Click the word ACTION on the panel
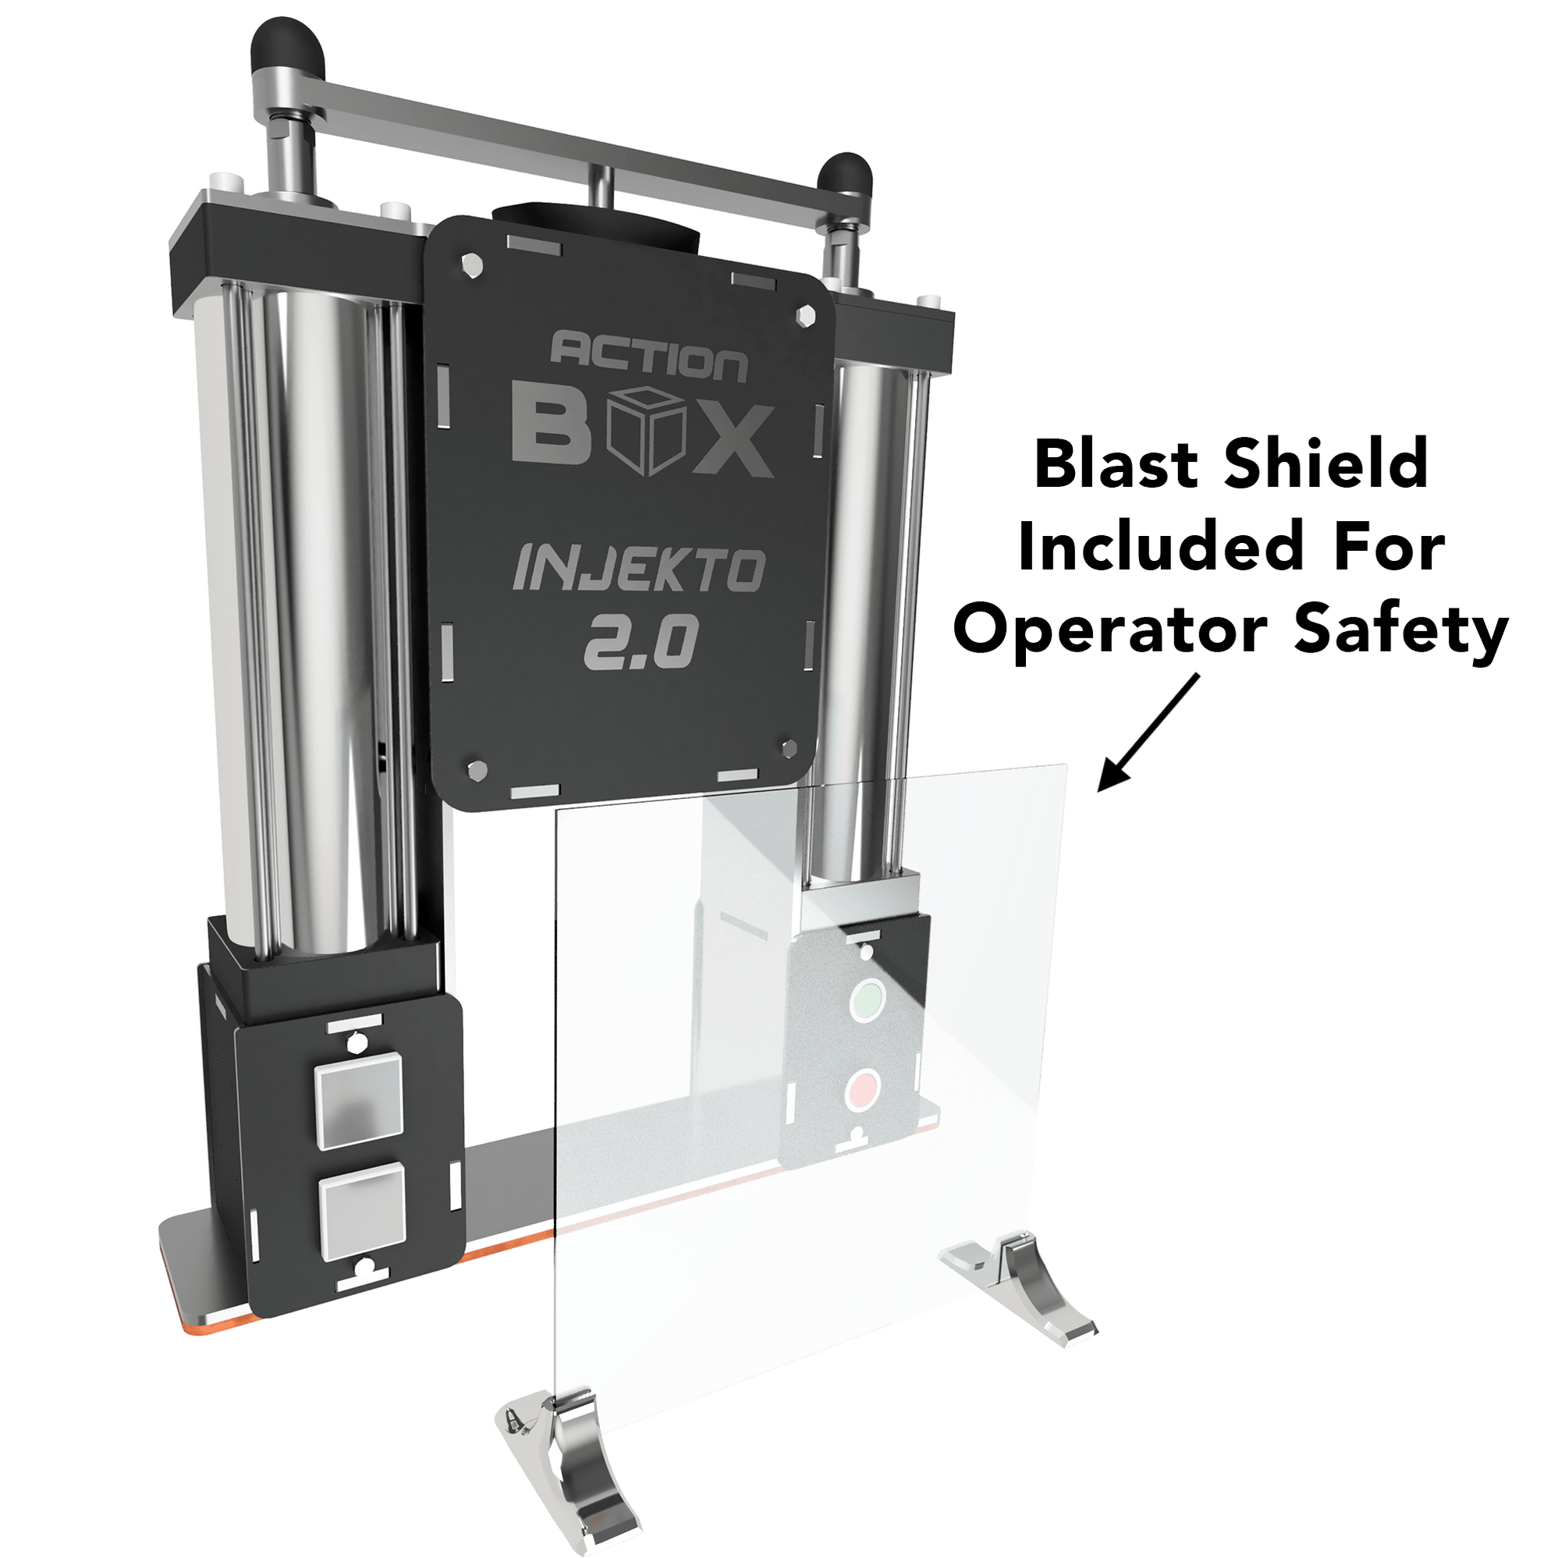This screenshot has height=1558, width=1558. pyautogui.click(x=648, y=360)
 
